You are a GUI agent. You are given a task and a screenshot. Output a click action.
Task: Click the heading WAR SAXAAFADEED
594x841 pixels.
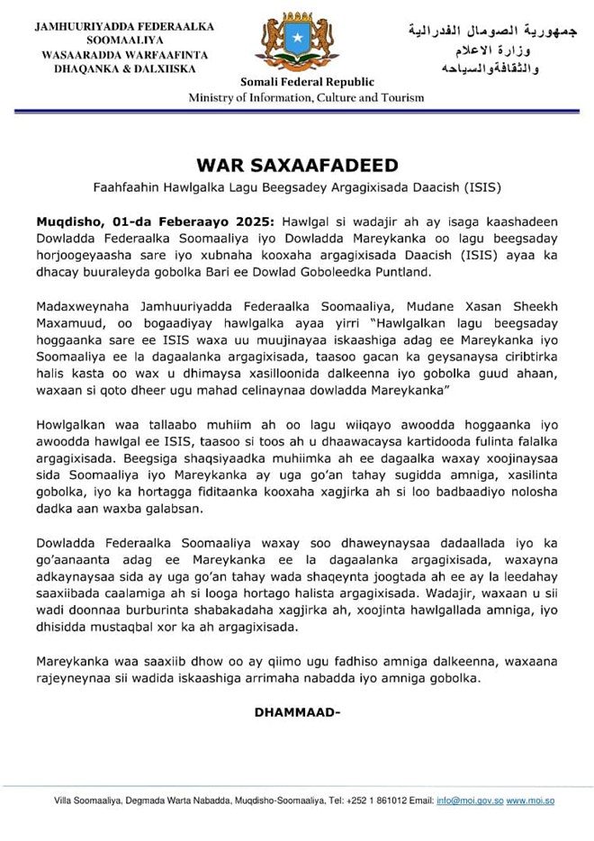pyautogui.click(x=296, y=166)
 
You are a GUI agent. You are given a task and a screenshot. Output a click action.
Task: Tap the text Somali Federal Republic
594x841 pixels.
pyautogui.click(x=295, y=83)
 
